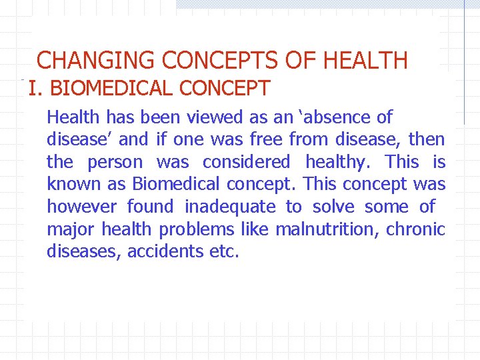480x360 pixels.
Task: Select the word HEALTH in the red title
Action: (365, 61)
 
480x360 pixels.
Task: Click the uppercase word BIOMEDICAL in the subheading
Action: (103, 88)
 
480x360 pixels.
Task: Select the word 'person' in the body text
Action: (115, 162)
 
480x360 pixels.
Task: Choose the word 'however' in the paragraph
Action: (81, 207)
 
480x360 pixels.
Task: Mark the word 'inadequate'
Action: (229, 207)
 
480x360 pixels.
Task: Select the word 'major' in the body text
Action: (70, 229)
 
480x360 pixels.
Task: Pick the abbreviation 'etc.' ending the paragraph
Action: (223, 251)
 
